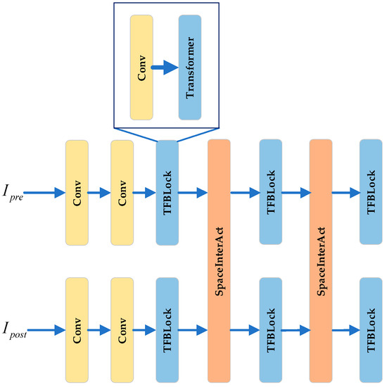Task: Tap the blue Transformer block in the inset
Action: point(190,69)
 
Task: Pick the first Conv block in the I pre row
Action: point(76,192)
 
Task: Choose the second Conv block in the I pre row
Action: point(122,192)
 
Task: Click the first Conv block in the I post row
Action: point(76,329)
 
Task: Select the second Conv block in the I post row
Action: point(122,329)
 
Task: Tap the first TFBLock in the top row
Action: point(167,192)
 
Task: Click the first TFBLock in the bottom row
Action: point(167,329)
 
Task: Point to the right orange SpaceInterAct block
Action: point(320,260)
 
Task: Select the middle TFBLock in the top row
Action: point(270,192)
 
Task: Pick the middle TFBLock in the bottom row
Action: point(270,329)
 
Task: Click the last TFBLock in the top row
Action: point(371,192)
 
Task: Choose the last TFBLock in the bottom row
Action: point(371,329)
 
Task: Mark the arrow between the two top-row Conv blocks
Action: point(99,192)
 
